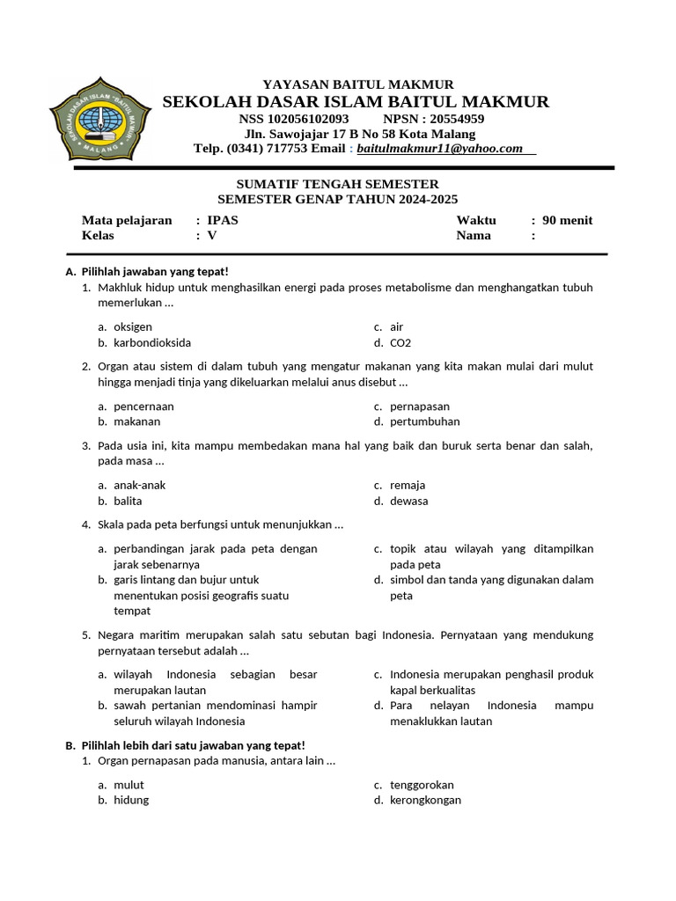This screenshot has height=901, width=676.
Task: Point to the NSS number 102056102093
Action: [307, 119]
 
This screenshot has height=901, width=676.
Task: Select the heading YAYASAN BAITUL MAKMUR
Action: [358, 84]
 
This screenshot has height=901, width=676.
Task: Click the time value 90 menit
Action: [568, 220]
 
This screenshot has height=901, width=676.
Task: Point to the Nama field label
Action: [474, 236]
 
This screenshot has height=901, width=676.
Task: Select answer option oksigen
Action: [133, 327]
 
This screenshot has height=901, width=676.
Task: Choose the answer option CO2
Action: [400, 343]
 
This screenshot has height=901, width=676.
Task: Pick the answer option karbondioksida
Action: [152, 343]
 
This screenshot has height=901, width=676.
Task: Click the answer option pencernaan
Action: [143, 407]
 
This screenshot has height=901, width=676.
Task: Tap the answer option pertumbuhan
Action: [425, 422]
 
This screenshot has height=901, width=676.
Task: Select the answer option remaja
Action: [408, 486]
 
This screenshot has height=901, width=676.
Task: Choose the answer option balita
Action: [128, 502]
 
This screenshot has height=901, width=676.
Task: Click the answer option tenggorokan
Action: [422, 785]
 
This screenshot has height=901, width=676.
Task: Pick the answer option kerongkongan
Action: [425, 801]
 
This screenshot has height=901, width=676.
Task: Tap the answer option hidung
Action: [131, 801]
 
